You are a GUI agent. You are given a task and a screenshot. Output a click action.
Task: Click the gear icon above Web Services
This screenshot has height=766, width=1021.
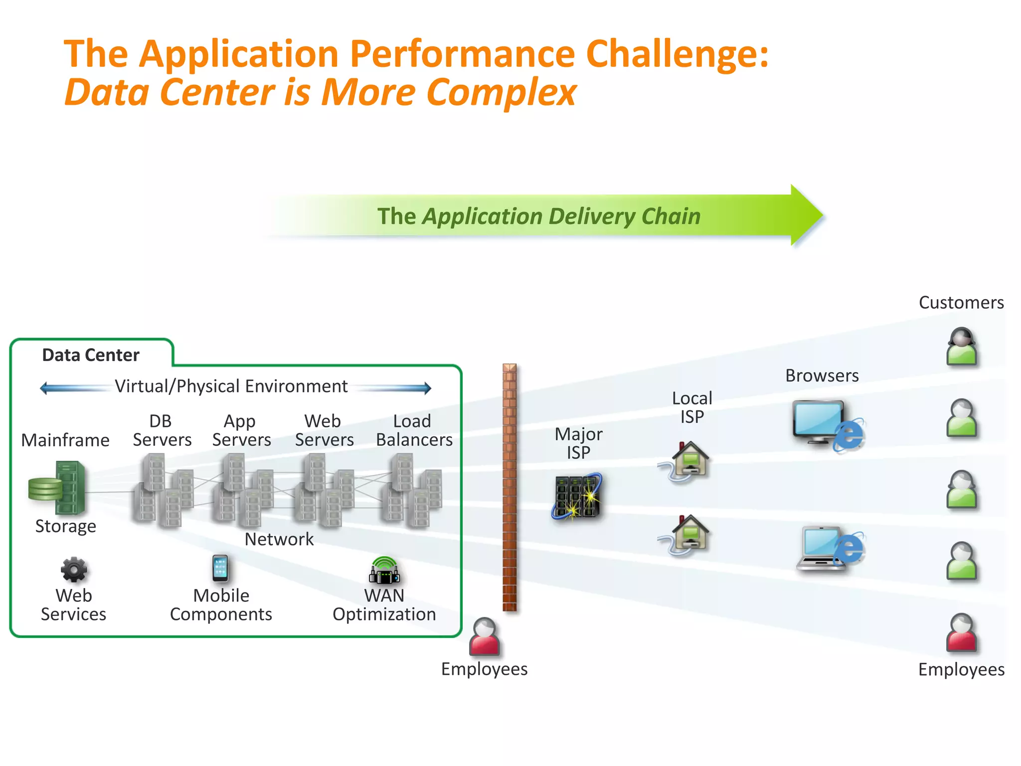[74, 570]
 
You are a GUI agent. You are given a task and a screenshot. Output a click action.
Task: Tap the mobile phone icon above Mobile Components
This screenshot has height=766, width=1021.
[220, 569]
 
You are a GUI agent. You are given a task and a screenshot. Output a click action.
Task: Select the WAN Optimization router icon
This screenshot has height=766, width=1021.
[384, 571]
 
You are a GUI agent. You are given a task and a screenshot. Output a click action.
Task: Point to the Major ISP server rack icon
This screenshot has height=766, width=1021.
[577, 497]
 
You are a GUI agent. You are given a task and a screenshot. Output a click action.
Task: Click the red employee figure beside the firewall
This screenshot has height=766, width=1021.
[484, 637]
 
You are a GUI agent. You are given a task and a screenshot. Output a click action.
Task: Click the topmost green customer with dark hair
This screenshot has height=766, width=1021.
[962, 347]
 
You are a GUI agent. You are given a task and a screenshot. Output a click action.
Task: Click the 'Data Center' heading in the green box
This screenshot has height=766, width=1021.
[91, 355]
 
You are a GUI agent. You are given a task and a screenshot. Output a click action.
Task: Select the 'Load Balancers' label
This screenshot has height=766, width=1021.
[414, 430]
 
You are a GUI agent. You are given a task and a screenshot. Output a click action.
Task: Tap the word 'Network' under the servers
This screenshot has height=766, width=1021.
[279, 539]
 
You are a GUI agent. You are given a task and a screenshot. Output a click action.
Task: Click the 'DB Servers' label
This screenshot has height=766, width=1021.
[162, 430]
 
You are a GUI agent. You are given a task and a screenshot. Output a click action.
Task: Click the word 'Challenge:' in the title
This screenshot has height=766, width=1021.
[678, 54]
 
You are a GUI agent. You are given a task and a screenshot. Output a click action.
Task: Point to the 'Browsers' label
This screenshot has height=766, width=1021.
[822, 376]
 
